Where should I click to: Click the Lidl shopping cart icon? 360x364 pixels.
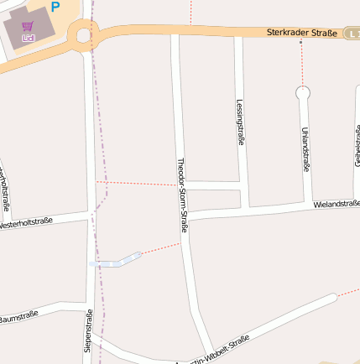click(x=29, y=27)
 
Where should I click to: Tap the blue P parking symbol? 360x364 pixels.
click(x=55, y=7)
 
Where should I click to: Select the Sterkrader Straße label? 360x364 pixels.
click(x=302, y=33)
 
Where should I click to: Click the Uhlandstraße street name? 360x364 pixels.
click(x=305, y=149)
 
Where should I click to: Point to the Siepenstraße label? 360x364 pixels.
click(x=86, y=330)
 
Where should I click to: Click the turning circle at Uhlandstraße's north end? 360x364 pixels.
click(x=303, y=92)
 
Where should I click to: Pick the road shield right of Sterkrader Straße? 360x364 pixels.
click(x=353, y=33)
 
